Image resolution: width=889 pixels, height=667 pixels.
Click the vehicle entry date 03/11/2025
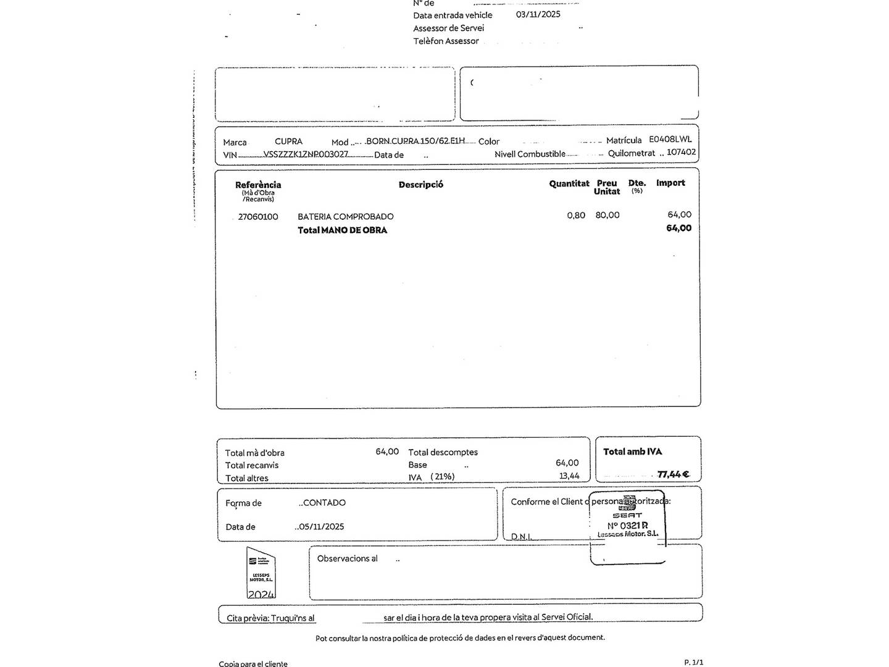[x=538, y=14]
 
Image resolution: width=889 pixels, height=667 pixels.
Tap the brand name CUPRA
[x=288, y=141]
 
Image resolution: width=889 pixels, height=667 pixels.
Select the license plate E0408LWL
[x=670, y=140]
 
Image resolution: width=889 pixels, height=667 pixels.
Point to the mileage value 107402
[x=681, y=152]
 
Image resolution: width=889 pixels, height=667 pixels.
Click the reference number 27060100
[x=258, y=217]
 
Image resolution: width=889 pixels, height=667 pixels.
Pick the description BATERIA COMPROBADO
[x=345, y=217]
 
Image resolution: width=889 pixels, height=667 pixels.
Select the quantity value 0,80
[x=576, y=215]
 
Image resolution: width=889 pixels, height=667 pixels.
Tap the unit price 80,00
[x=607, y=215]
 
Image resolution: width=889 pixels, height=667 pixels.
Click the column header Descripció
[x=420, y=185]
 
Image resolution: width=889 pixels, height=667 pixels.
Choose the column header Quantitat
[x=569, y=183]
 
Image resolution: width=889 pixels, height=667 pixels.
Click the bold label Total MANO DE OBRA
[x=342, y=230]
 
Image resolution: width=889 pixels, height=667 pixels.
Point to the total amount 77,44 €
[x=673, y=474]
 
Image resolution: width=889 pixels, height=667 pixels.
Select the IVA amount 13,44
[x=569, y=476]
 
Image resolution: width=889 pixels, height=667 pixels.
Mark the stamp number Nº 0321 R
[x=627, y=526]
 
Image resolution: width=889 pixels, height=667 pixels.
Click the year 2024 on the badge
[x=261, y=594]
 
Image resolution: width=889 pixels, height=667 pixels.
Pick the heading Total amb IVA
[x=632, y=451]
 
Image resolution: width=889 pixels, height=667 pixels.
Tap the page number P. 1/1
[x=693, y=662]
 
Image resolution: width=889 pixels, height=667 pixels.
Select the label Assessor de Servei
[x=448, y=28]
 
